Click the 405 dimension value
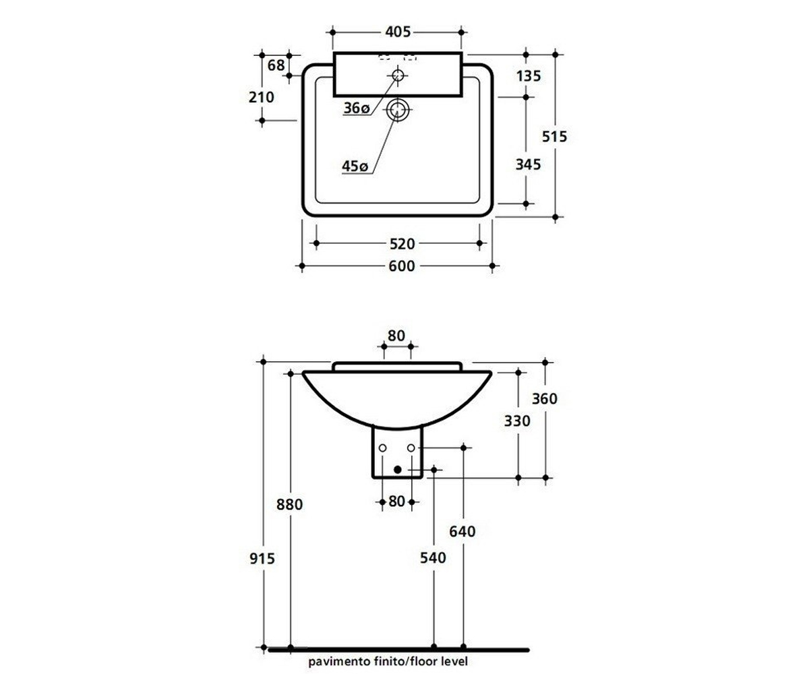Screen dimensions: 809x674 coord(398,32)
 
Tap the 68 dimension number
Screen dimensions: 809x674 coord(276,65)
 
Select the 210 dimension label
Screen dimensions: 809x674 coord(262,97)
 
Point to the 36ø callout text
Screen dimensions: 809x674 coord(357,108)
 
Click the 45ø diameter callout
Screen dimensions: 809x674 coord(355,166)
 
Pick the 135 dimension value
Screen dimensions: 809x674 coord(529,76)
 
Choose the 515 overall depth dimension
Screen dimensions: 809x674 coord(554,136)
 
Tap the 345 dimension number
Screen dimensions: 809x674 coord(528,164)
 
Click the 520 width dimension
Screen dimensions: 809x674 coord(402,243)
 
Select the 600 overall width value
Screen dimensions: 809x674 coord(402,266)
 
